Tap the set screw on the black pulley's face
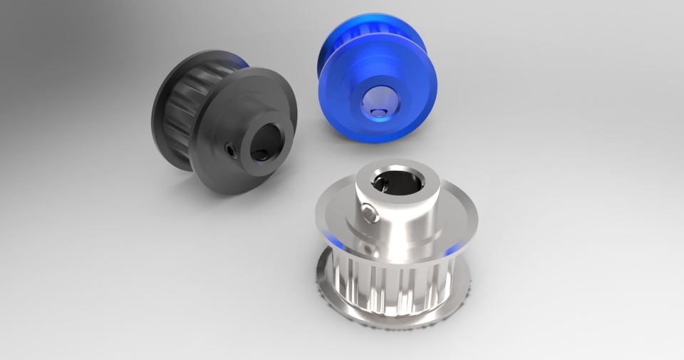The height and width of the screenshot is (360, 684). (231, 149)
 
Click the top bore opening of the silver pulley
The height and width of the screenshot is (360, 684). (398, 181)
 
